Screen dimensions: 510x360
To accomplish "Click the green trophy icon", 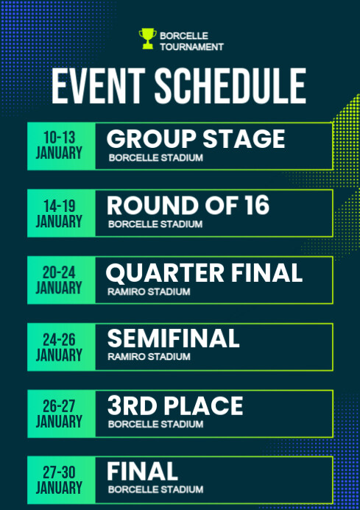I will (147, 38).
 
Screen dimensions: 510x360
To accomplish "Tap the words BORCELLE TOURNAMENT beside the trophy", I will (191, 40).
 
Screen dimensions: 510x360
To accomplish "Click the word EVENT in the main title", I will (96, 88).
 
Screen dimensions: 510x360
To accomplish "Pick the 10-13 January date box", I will (60, 146).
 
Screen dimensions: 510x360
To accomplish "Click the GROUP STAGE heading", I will (196, 139).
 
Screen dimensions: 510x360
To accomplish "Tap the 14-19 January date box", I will (60, 213).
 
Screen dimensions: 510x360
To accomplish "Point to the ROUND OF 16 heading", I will (188, 206).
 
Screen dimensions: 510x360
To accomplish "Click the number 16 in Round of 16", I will (255, 206).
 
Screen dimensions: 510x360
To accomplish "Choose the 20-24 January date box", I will (60, 280).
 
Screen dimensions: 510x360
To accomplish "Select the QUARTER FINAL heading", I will (204, 273).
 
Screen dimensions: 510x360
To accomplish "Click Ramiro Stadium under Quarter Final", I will (149, 291).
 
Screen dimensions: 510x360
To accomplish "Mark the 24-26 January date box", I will (60, 347).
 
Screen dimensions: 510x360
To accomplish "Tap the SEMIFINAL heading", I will (174, 339).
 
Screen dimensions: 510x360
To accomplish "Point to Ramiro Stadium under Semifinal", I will (149, 357).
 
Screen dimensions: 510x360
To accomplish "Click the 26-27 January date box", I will (60, 414).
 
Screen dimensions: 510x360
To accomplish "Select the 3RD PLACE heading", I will (175, 406).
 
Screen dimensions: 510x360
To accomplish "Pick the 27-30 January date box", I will (60, 479).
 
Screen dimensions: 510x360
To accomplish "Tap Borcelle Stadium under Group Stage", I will (155, 157).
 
